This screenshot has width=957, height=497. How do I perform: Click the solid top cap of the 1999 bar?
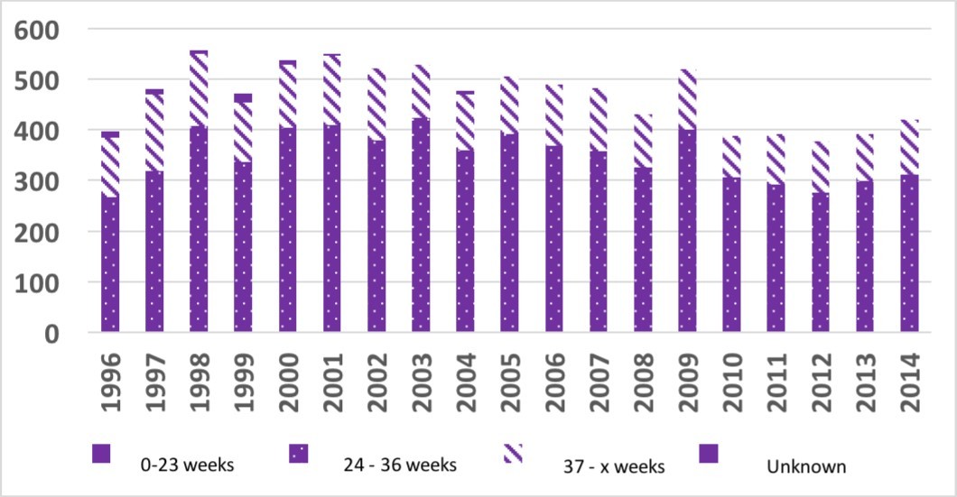pyautogui.click(x=243, y=97)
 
